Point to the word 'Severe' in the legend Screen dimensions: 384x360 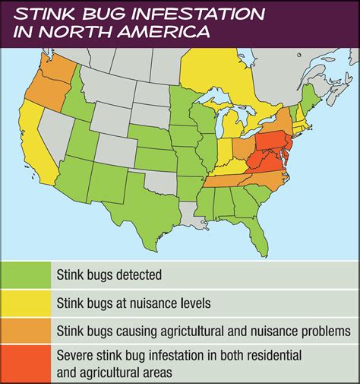pyautogui.click(x=76, y=354)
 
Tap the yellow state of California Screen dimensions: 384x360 pyautogui.click(x=38, y=144)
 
